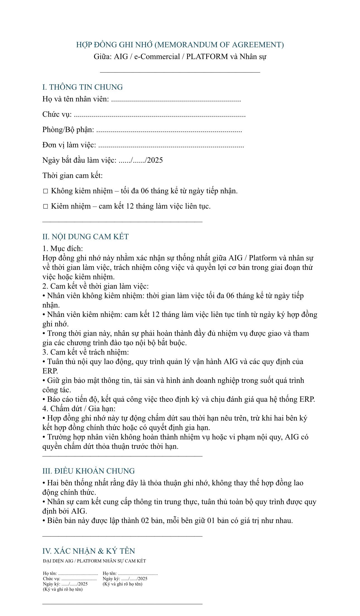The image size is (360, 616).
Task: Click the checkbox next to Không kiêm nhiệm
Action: click(x=45, y=191)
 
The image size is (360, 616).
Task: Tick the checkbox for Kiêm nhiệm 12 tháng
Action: click(x=45, y=207)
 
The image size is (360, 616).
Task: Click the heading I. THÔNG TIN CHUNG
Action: click(x=82, y=87)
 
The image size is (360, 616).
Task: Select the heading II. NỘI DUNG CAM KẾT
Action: click(x=85, y=237)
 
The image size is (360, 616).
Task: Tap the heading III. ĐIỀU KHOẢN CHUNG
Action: click(x=88, y=471)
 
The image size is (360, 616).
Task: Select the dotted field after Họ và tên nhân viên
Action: click(x=176, y=99)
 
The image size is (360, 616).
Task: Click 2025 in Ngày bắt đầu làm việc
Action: click(x=155, y=160)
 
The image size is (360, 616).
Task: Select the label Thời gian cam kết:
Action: click(x=73, y=176)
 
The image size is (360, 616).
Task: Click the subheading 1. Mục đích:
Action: click(x=63, y=249)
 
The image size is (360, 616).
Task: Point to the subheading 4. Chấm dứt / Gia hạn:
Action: click(x=79, y=409)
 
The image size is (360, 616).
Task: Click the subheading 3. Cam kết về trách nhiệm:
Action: click(x=85, y=352)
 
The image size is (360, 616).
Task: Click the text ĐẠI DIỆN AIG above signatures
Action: click(x=57, y=561)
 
